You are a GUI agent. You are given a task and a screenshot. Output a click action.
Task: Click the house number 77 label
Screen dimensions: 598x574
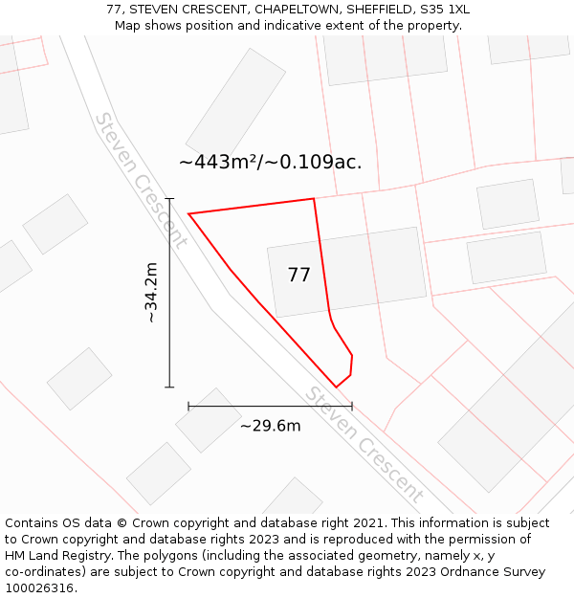(x=298, y=276)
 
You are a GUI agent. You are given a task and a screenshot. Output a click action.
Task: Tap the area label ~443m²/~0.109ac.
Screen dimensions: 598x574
(x=270, y=163)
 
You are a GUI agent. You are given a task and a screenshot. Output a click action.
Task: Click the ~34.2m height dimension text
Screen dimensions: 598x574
(x=151, y=293)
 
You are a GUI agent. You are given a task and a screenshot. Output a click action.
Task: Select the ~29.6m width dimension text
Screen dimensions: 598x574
(x=270, y=426)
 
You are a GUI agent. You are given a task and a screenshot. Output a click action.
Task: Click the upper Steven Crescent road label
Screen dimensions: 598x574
(x=141, y=180)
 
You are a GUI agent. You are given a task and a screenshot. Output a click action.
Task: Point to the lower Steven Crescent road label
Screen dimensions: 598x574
(x=364, y=446)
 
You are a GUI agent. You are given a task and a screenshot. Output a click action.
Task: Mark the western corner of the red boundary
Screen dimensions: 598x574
(x=188, y=213)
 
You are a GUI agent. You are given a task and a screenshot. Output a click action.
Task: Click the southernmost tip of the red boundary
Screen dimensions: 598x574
(x=336, y=388)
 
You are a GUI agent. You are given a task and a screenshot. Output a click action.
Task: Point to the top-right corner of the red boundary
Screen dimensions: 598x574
(x=314, y=199)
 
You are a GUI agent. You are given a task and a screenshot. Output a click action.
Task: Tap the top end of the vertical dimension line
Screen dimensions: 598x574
(x=169, y=198)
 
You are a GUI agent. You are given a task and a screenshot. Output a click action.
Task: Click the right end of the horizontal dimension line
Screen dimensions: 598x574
(x=352, y=407)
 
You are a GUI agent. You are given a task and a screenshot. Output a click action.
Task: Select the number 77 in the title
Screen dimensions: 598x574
(x=114, y=10)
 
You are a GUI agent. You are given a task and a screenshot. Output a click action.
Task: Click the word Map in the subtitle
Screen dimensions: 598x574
(x=128, y=25)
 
